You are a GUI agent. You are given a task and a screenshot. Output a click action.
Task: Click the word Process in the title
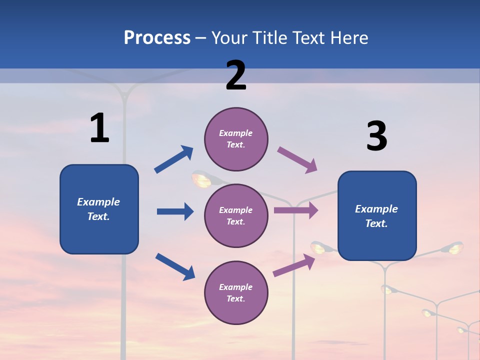click(157, 38)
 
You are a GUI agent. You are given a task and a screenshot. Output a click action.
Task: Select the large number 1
click(99, 128)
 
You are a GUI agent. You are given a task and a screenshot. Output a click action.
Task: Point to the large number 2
click(236, 75)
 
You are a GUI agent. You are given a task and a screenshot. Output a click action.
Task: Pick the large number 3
click(376, 136)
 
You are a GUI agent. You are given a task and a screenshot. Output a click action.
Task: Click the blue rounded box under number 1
click(99, 209)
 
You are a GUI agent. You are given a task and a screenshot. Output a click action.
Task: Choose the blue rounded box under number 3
click(377, 215)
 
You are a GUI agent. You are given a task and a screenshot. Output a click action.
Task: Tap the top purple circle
click(236, 139)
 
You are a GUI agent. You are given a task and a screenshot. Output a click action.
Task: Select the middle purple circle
click(236, 215)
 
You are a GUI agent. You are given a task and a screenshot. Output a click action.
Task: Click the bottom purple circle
click(236, 292)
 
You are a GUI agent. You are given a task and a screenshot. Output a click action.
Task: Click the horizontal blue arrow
click(175, 211)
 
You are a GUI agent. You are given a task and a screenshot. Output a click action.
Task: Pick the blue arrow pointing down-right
click(175, 266)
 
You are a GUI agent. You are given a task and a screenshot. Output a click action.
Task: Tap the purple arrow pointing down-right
click(297, 160)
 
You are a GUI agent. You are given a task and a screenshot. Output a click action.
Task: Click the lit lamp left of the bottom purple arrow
click(318, 247)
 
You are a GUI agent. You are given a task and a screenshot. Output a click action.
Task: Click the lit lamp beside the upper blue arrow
click(201, 179)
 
